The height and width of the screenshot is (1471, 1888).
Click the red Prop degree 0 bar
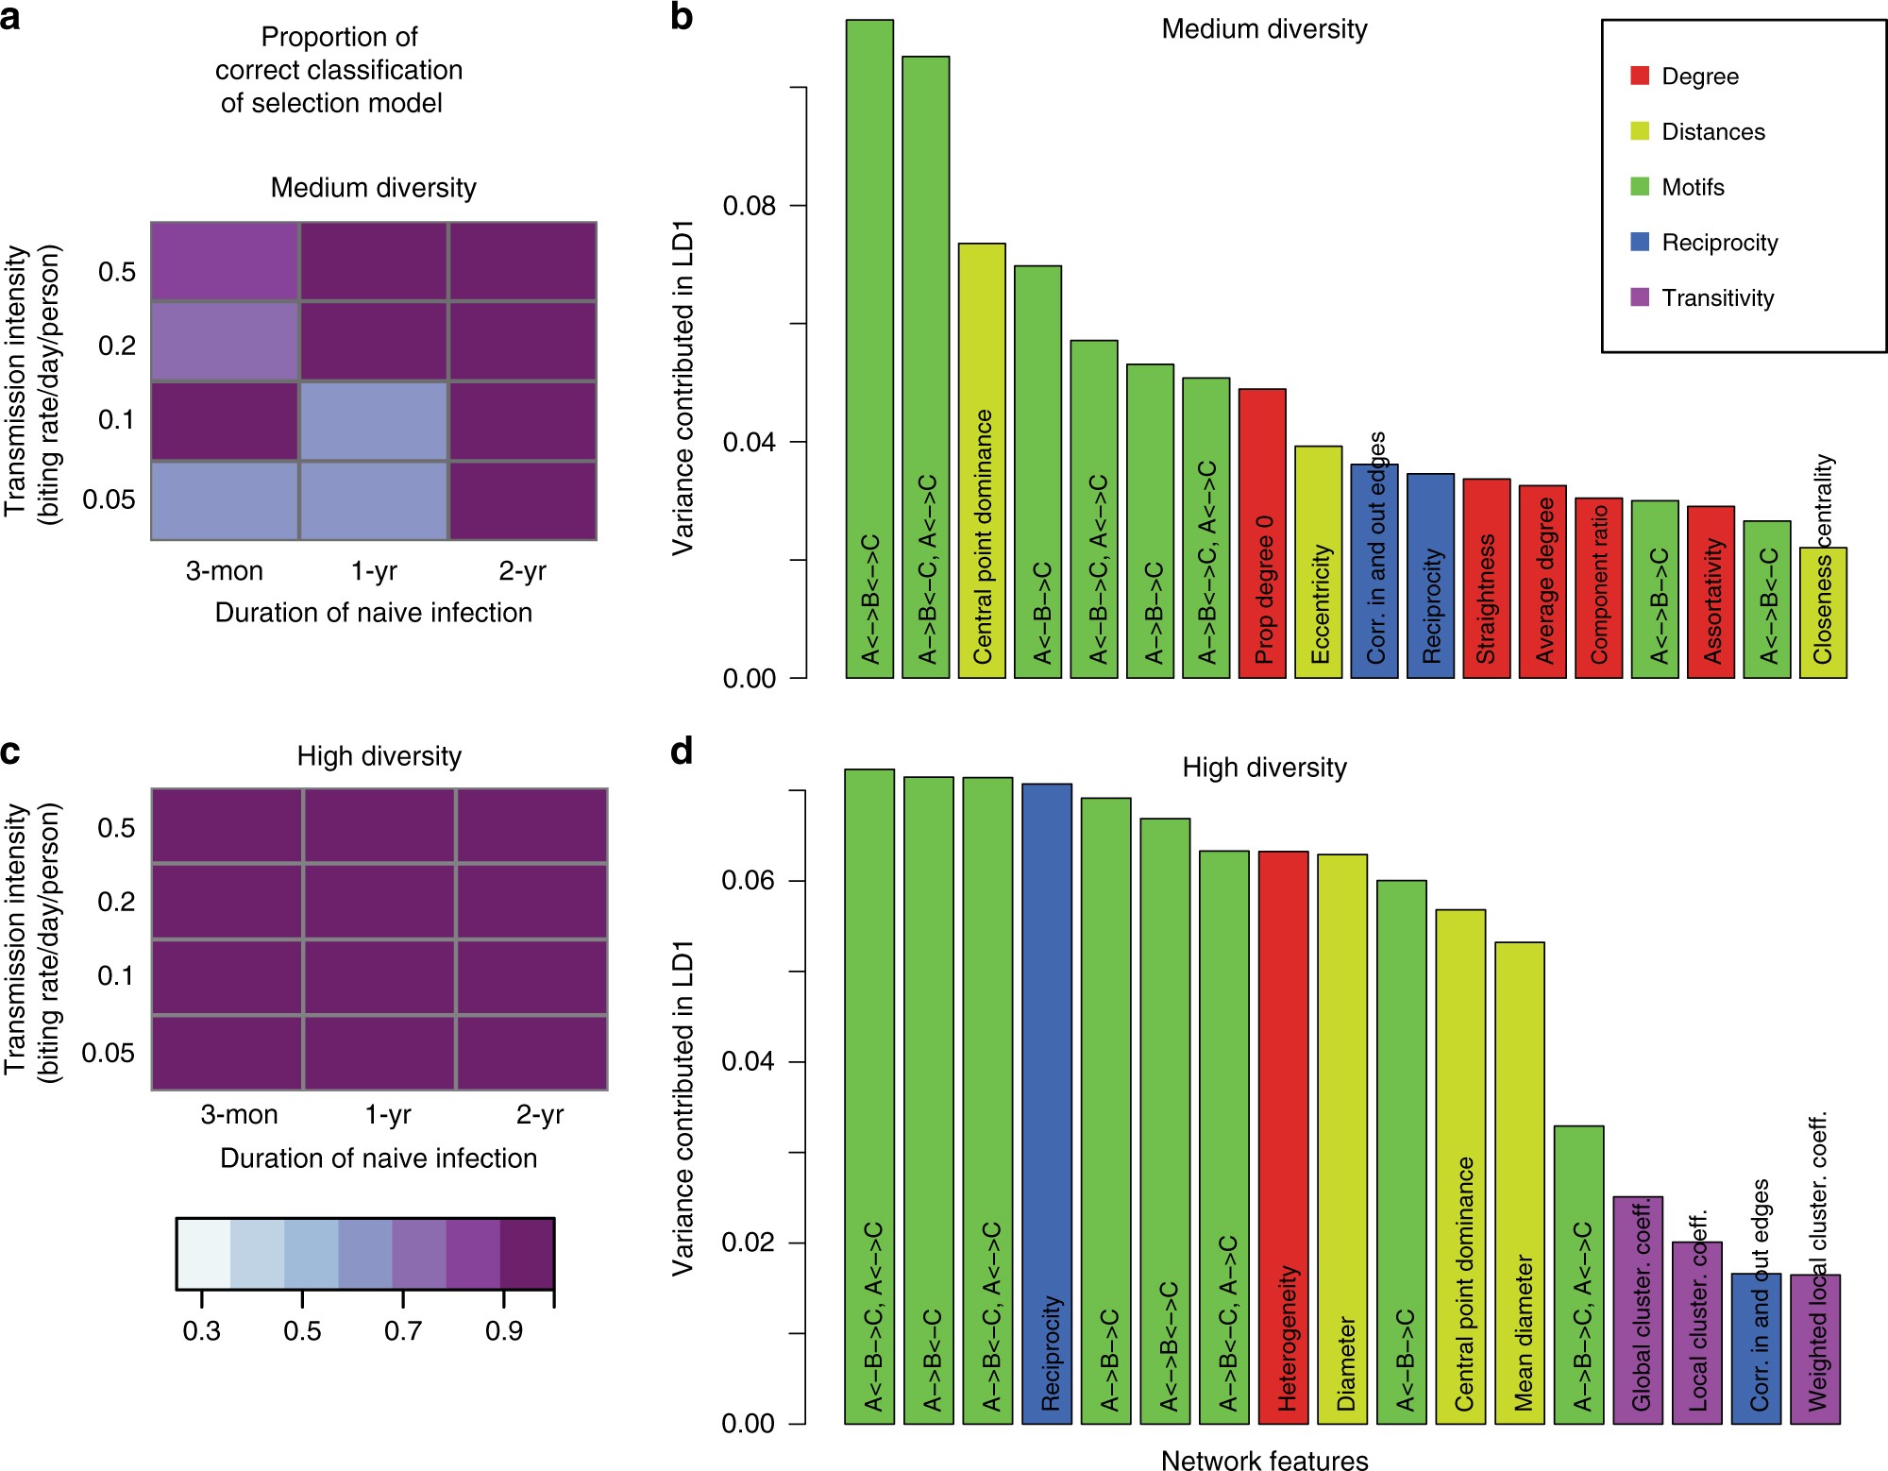1262,533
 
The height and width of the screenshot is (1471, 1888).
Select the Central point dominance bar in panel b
982,460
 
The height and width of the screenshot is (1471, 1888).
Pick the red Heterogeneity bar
1283,1137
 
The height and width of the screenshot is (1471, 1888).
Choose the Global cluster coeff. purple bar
1638,1310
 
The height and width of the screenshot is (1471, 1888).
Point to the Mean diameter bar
1520,1182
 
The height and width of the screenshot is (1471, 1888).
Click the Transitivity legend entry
1717,298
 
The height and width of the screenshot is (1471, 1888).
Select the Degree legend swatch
1640,76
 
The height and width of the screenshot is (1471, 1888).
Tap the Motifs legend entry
1693,187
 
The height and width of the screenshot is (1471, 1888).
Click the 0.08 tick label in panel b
749,206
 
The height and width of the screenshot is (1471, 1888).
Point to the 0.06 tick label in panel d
748,881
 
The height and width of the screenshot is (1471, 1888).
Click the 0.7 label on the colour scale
403,1331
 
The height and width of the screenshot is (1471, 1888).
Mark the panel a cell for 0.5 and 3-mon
225,262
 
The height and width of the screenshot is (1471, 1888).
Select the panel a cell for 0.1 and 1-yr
374,421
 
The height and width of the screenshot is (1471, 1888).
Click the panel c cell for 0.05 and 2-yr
532,1053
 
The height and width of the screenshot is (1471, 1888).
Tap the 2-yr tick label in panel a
522,571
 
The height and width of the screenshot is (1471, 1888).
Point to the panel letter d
682,752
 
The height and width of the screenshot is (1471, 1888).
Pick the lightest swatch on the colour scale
204,1254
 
